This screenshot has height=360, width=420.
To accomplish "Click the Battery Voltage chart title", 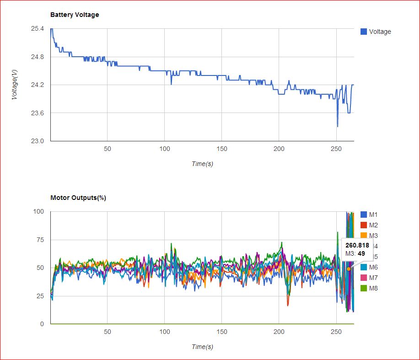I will pyautogui.click(x=75, y=15).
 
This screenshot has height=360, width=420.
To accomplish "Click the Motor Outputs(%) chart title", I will pyautogui.click(x=78, y=198).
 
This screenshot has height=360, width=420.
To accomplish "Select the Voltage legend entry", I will pyautogui.click(x=379, y=32).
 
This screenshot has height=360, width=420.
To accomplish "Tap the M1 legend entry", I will pyautogui.click(x=373, y=215).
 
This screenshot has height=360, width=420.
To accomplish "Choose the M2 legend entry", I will pyautogui.click(x=373, y=225).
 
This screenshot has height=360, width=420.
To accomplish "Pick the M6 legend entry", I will pyautogui.click(x=373, y=267).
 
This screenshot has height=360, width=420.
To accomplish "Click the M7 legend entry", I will pyautogui.click(x=373, y=278).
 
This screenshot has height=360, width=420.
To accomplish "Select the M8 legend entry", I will pyautogui.click(x=373, y=288).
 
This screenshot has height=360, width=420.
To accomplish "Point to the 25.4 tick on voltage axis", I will pyautogui.click(x=38, y=29).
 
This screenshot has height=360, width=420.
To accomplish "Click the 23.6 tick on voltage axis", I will pyautogui.click(x=38, y=113).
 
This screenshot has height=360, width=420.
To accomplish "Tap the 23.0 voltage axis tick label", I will pyautogui.click(x=38, y=141).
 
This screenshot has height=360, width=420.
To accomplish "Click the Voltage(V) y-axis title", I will pyautogui.click(x=15, y=85).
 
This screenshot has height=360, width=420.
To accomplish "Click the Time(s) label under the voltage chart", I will pyautogui.click(x=202, y=164).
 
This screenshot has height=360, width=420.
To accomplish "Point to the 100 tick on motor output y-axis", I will pyautogui.click(x=39, y=211).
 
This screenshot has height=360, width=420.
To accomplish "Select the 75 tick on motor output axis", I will pyautogui.click(x=41, y=240).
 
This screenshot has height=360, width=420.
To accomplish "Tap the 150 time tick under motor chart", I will pyautogui.click(x=221, y=332).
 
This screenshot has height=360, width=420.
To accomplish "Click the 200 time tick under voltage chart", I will pyautogui.click(x=279, y=149).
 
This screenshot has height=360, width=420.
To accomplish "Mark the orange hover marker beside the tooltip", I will pyautogui.click(x=349, y=269).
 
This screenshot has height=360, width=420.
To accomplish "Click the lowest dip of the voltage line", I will pyautogui.click(x=338, y=127).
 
